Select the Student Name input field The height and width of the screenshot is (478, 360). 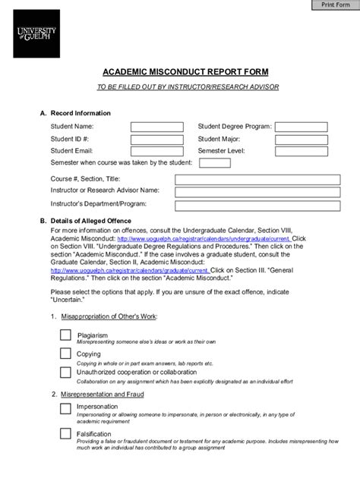pos(156,127)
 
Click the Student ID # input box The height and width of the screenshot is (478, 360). pos(156,140)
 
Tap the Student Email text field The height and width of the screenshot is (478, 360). pos(156,152)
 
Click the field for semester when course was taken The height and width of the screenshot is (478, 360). pos(215,163)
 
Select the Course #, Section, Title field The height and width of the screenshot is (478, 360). pos(257,179)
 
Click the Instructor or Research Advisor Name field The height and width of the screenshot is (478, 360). pos(257,191)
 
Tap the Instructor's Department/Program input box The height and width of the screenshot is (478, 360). pos(257,206)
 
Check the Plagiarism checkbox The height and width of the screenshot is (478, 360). pos(65,335)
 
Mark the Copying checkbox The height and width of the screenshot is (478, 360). pos(65,354)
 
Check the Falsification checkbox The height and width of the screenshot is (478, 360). pos(65,434)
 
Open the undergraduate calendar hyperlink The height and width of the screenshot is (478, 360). pos(204,238)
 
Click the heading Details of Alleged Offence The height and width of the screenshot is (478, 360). pos(84,221)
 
